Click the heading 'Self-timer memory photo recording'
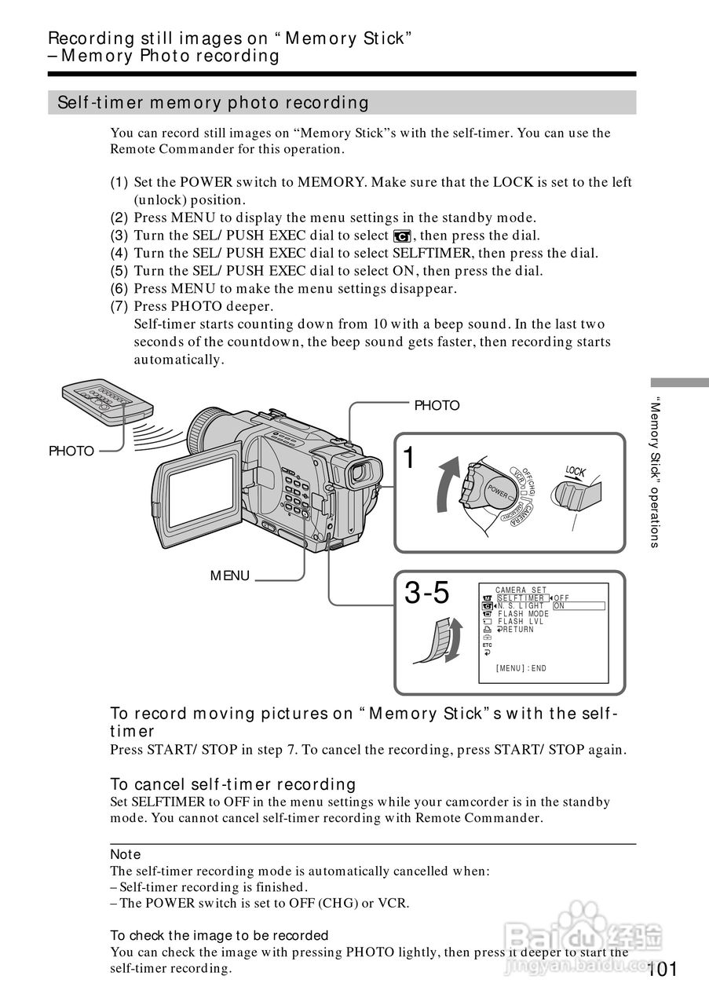coord(213,103)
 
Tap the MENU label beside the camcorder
coord(229,576)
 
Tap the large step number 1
coord(409,458)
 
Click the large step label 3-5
coord(427,594)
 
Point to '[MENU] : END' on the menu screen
coord(521,668)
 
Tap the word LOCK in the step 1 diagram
coord(576,472)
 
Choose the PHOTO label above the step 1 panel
coord(437,405)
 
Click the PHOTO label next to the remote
coord(71,451)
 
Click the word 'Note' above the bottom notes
coord(126,854)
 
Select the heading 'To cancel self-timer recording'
coord(233,784)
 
